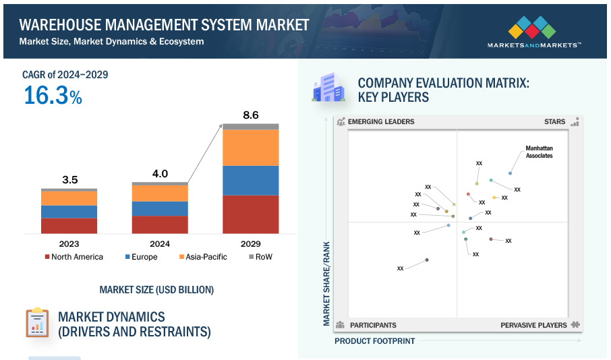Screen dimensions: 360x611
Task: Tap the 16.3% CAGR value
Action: [x=53, y=96]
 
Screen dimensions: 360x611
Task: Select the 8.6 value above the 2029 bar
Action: [x=251, y=115]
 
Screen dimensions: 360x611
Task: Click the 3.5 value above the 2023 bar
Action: [x=69, y=179]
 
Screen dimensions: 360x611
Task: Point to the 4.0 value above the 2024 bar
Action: [x=160, y=173]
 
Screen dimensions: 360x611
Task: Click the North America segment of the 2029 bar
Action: [x=251, y=214]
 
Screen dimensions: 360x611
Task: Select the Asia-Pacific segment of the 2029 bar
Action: [x=251, y=148]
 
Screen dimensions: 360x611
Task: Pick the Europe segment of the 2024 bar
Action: [x=160, y=208]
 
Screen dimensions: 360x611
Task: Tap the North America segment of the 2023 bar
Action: [x=69, y=225]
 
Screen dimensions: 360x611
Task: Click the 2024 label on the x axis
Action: [x=160, y=243]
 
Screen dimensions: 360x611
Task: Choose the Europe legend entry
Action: [x=141, y=257]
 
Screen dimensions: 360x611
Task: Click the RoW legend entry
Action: [x=260, y=257]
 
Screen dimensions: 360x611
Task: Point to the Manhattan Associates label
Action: [x=539, y=152]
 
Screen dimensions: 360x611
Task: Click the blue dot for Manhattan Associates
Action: [x=510, y=173]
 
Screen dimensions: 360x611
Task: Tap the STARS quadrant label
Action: [x=554, y=122]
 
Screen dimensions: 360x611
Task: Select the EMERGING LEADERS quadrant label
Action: [x=381, y=122]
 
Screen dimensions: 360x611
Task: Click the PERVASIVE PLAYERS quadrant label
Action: [x=533, y=325]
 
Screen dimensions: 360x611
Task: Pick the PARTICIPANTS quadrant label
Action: [x=373, y=325]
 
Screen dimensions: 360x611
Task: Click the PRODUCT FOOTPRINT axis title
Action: [x=374, y=341]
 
